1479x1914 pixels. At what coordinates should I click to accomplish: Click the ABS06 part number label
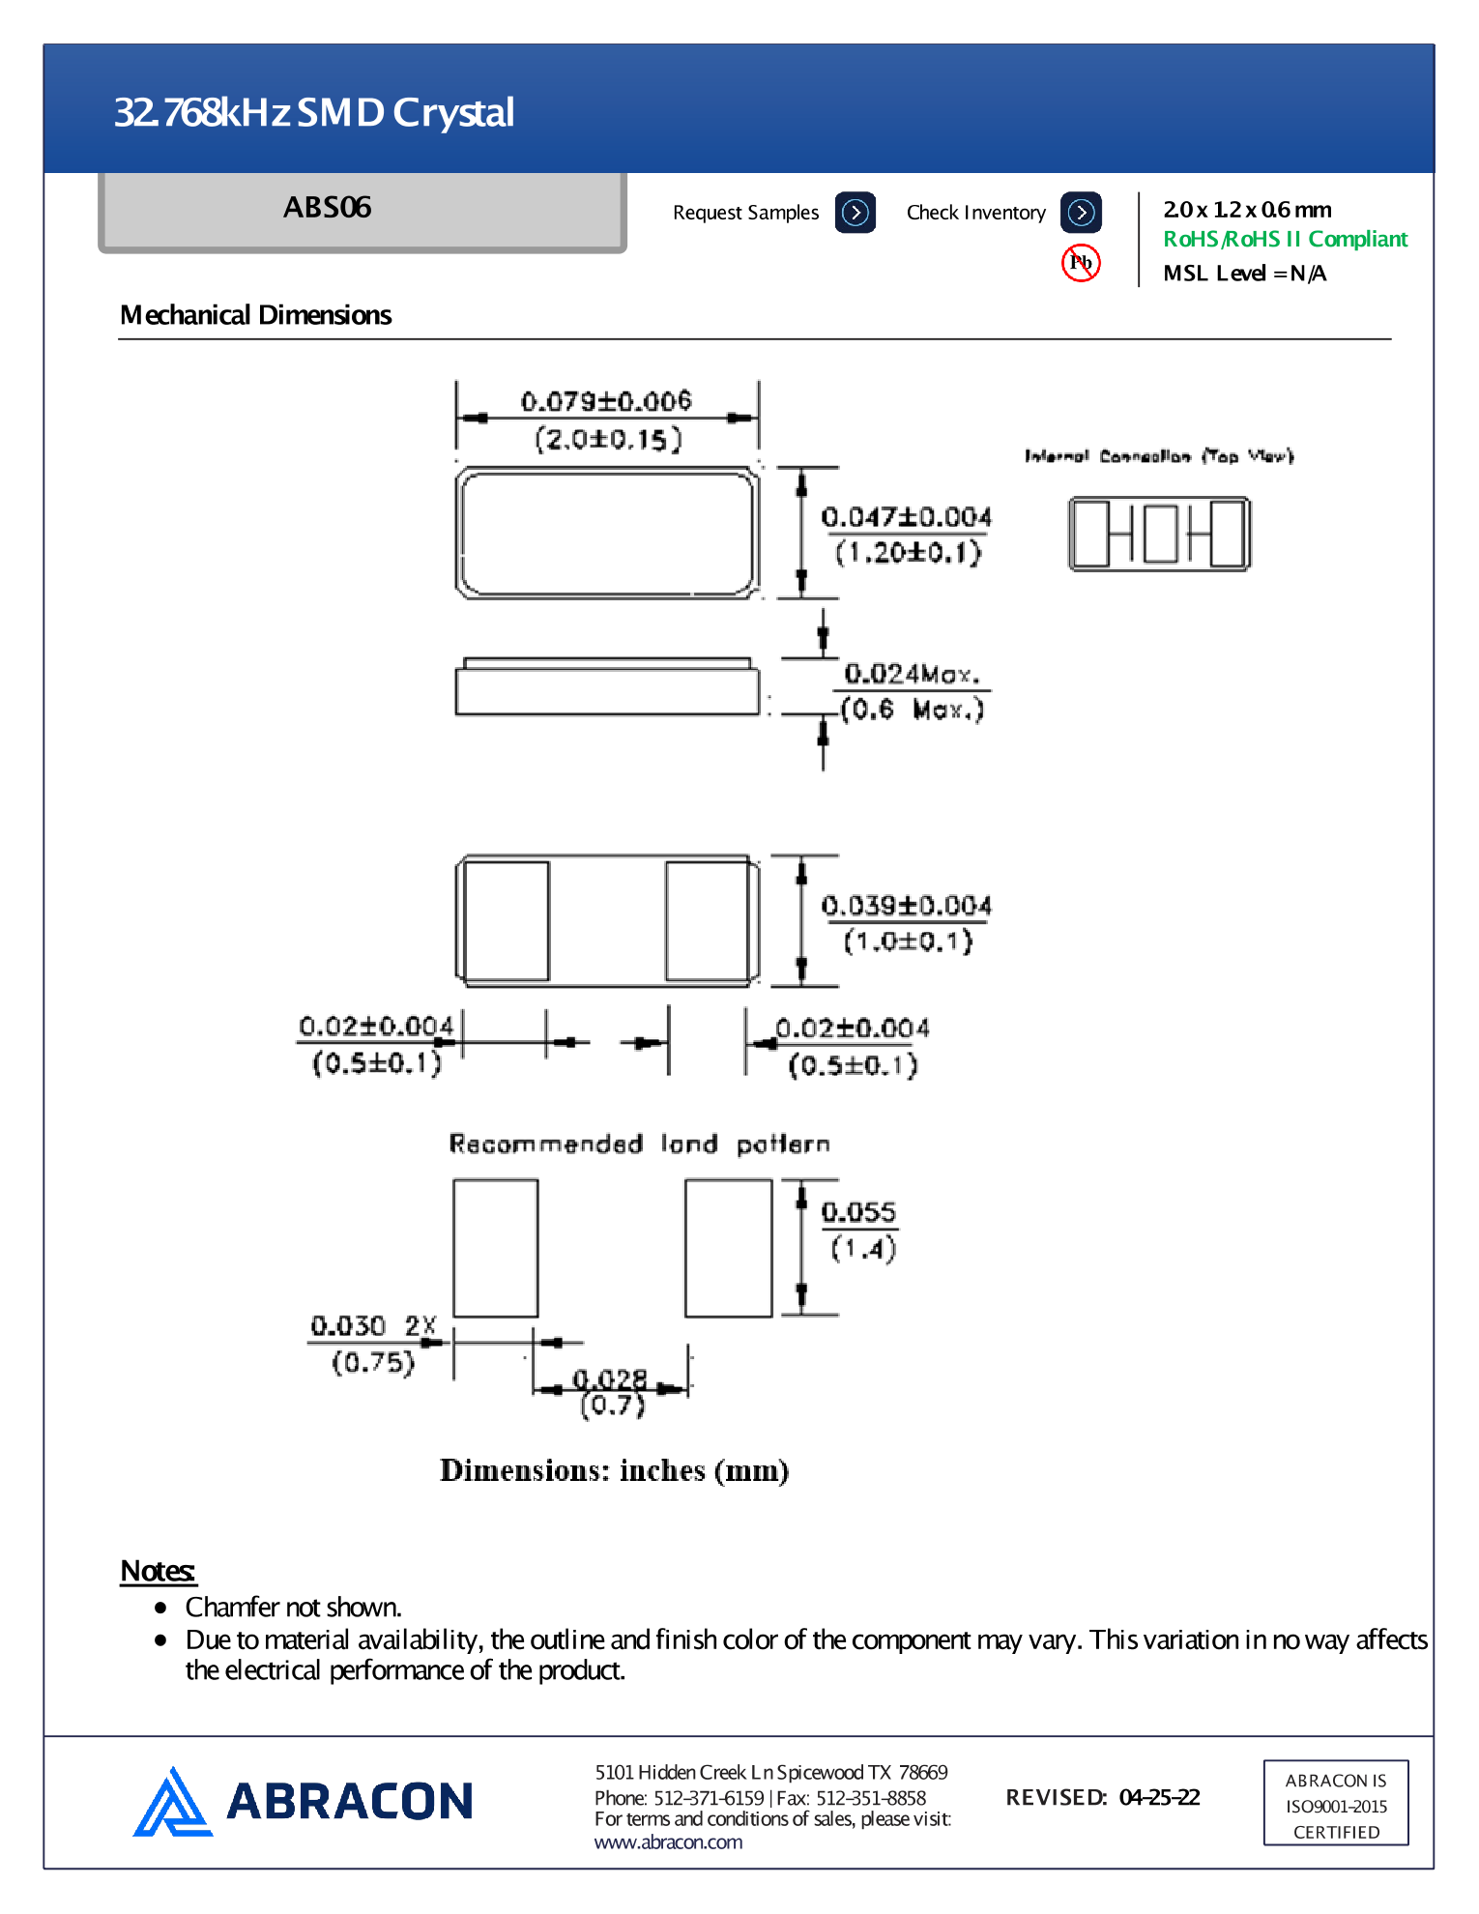tap(328, 208)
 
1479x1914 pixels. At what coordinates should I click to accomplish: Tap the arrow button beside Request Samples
tap(855, 213)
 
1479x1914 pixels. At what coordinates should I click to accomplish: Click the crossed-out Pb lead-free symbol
tap(1081, 262)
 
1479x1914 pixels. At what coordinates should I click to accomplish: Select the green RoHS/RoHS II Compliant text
tap(1285, 240)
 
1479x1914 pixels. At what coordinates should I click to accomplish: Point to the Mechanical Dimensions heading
tap(255, 315)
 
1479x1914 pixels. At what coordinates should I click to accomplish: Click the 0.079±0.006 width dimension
tap(606, 400)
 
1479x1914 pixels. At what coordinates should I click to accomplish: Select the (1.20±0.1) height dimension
tap(908, 554)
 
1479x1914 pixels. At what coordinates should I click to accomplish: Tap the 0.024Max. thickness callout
tap(911, 674)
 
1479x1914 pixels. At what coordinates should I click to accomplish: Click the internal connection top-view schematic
tap(1159, 534)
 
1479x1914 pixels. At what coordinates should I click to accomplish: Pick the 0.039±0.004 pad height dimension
tap(906, 906)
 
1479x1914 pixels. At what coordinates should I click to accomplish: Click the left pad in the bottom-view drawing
tap(507, 920)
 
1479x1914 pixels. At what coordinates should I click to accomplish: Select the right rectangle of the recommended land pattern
tap(728, 1247)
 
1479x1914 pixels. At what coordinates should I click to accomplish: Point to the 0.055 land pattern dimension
tap(858, 1212)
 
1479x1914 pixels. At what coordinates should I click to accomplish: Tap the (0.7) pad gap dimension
tap(612, 1406)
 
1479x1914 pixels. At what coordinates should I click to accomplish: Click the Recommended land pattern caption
tap(639, 1145)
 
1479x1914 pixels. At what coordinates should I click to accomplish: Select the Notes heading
tap(158, 1571)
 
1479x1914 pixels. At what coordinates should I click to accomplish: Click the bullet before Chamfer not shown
tap(160, 1608)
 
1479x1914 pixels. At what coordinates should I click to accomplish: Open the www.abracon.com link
tap(668, 1842)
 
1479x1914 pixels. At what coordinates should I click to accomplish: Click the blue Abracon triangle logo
tap(172, 1803)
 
